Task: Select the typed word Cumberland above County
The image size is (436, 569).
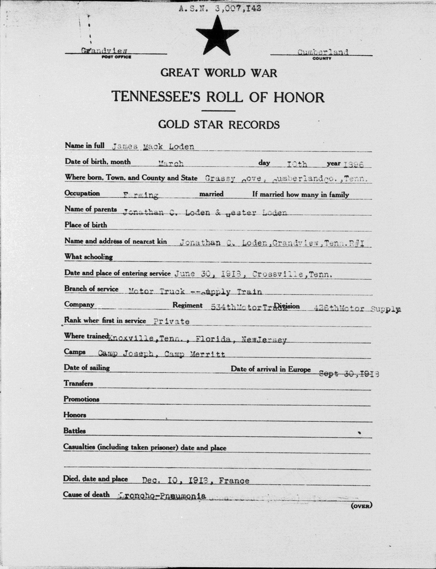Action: tap(323, 52)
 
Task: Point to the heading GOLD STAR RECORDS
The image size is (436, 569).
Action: tap(219, 125)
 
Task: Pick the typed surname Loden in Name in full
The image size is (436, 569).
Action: tap(181, 147)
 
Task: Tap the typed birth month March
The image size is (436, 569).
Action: tap(171, 163)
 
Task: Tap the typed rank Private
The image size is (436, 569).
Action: tap(171, 321)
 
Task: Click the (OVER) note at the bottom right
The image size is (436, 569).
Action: tap(361, 505)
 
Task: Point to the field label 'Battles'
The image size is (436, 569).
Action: tap(75, 431)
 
